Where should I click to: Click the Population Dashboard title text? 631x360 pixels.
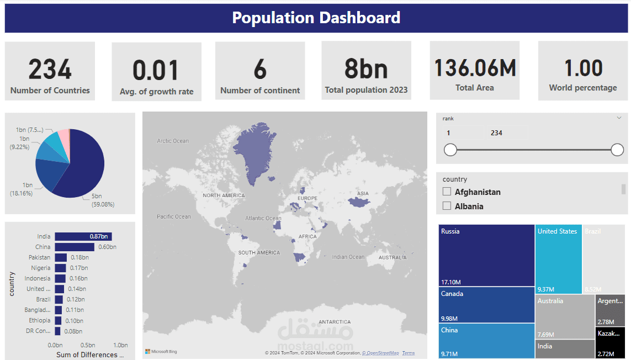316,18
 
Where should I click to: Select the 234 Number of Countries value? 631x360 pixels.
50,70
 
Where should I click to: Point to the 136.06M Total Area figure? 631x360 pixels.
475,67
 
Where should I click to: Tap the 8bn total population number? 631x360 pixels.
366,69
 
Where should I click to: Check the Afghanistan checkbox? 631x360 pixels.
447,192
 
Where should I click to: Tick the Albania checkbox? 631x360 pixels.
447,206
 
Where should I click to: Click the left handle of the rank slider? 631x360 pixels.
450,150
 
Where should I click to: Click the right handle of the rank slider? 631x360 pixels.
617,150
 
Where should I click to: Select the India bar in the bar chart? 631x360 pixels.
83,236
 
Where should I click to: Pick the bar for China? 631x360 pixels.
74,247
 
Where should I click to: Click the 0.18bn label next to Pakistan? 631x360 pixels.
79,257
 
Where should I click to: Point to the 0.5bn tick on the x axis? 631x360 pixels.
88,345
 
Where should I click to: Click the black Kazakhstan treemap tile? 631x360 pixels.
610,342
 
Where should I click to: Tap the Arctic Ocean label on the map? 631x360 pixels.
173,141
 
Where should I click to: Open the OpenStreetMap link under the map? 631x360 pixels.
380,353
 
